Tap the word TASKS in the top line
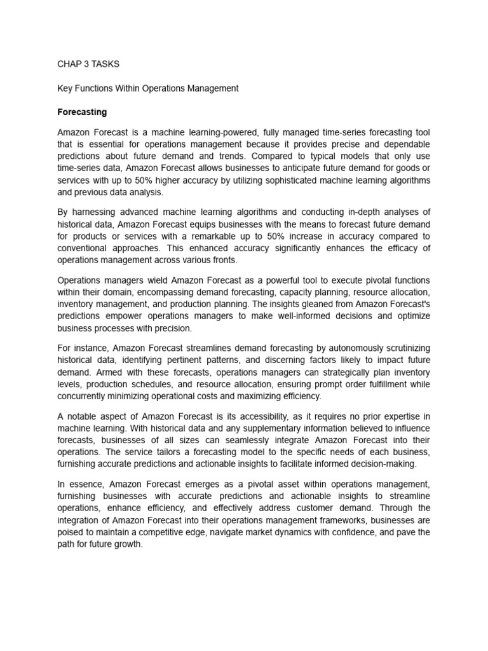point(105,64)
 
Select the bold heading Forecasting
point(82,113)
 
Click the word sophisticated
point(291,181)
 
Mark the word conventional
point(85,248)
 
